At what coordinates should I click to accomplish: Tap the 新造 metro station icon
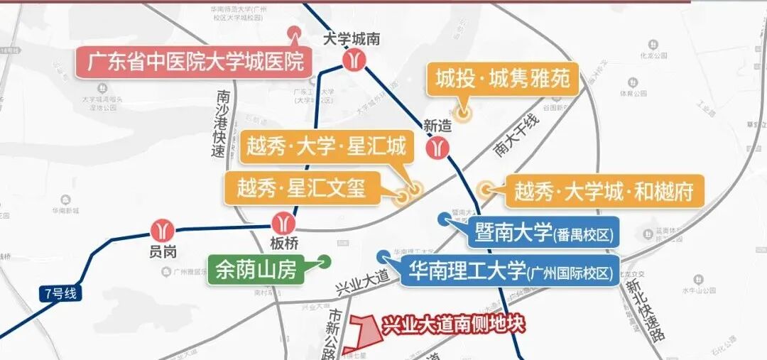437,147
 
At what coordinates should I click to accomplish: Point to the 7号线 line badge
58,293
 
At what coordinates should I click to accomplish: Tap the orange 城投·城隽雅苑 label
503,79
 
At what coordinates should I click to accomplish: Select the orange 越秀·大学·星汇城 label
326,148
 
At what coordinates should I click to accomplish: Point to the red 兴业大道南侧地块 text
453,326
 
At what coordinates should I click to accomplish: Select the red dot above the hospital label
293,32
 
